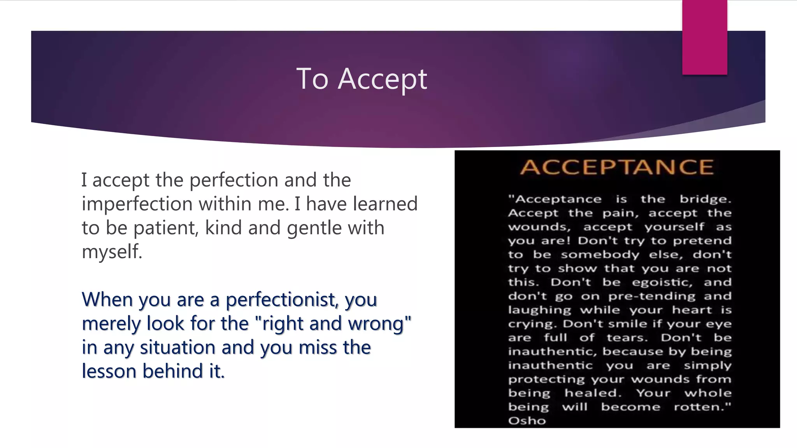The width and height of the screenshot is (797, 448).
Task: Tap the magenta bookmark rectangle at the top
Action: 704,37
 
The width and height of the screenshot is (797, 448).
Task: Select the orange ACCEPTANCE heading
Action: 617,167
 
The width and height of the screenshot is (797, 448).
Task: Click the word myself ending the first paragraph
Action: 111,252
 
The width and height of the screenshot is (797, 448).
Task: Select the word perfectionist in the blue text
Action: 282,300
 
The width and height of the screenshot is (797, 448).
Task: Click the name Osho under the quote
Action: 527,420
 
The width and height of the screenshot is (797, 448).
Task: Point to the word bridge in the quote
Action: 705,199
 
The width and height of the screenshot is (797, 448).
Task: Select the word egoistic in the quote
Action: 662,282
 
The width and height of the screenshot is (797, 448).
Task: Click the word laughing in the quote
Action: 539,310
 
